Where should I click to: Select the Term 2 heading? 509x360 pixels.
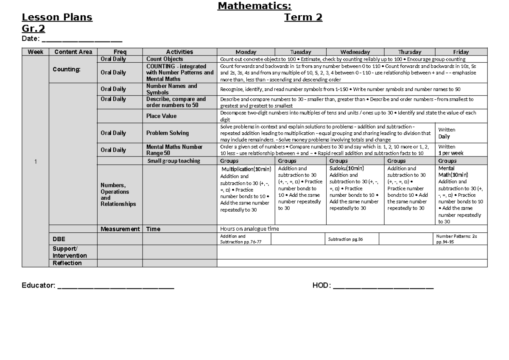point(303,17)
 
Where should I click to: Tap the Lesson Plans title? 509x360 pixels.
point(57,17)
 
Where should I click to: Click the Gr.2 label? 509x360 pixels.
point(34,28)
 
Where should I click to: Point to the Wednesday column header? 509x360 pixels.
point(355,52)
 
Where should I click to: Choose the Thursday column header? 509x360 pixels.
point(410,52)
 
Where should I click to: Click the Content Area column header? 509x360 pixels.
point(73,52)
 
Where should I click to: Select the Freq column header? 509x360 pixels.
point(120,52)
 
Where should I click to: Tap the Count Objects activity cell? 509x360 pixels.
point(165,59)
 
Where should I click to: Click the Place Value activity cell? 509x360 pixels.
point(161,116)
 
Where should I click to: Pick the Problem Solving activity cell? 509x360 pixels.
point(167,133)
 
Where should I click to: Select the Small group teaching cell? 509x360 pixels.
point(173,161)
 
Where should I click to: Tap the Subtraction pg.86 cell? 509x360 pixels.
point(346,239)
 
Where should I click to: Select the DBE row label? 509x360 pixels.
point(59,239)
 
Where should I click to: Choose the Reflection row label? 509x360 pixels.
point(67,263)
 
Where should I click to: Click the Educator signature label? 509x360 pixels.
point(38,286)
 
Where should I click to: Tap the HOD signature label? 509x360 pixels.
point(321,286)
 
